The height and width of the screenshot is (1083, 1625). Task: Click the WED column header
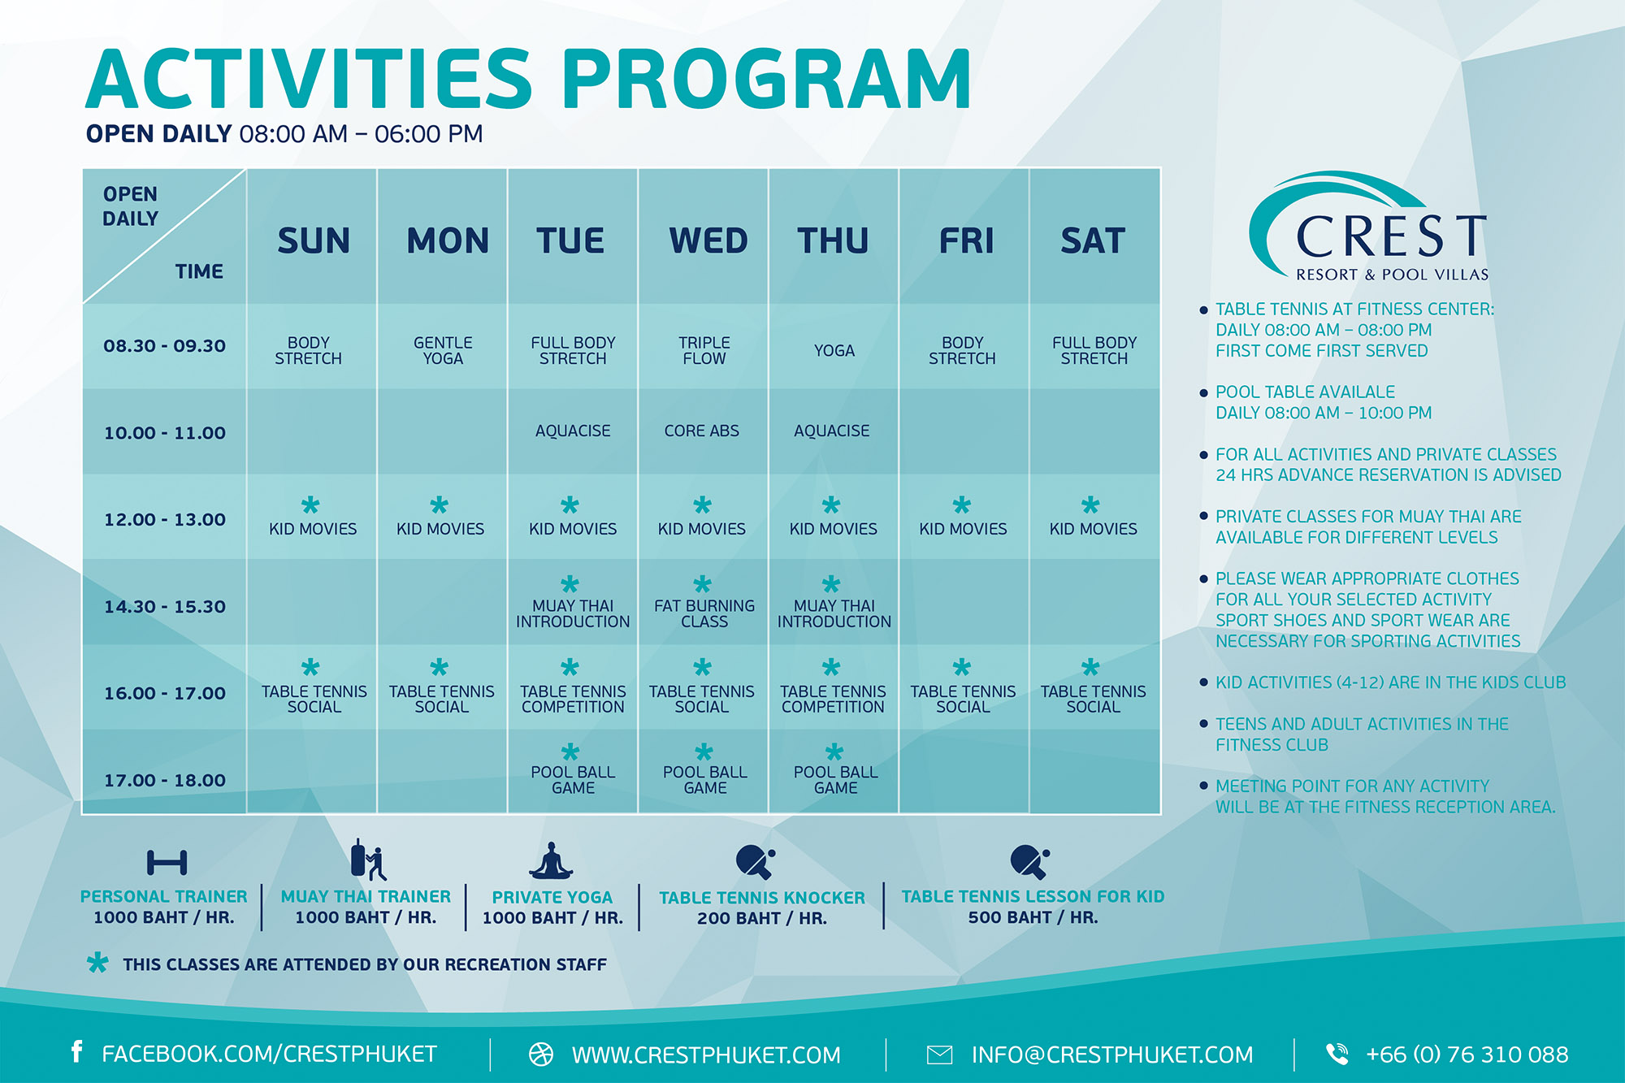coord(708,240)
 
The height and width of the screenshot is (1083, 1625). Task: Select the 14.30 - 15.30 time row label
coord(165,607)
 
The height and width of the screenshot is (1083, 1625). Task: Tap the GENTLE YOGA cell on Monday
coord(443,351)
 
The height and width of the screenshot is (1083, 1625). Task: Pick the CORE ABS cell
coord(702,431)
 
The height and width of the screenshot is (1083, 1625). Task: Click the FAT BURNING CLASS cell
coord(704,613)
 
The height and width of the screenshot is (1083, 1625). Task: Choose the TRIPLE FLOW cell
coord(704,351)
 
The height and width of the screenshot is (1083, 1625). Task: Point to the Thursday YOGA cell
coord(834,351)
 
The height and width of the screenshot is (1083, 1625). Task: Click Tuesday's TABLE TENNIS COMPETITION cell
coord(573,699)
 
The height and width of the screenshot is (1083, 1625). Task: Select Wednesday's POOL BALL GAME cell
coord(704,779)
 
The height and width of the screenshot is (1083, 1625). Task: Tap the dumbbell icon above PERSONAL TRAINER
coord(167,862)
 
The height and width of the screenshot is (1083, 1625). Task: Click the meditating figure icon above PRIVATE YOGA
coord(552,861)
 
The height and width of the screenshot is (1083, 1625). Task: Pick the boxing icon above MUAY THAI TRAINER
coord(368,860)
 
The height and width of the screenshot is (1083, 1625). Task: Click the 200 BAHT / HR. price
coord(762,919)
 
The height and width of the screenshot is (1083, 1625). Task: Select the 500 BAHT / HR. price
coord(1033,918)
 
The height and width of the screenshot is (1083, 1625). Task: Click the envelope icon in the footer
coord(939,1055)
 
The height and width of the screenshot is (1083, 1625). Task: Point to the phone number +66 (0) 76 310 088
coord(1467,1055)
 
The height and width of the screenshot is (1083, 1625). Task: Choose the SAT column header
coord(1093,240)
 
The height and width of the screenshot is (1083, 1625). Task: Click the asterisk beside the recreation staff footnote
coord(97,963)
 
